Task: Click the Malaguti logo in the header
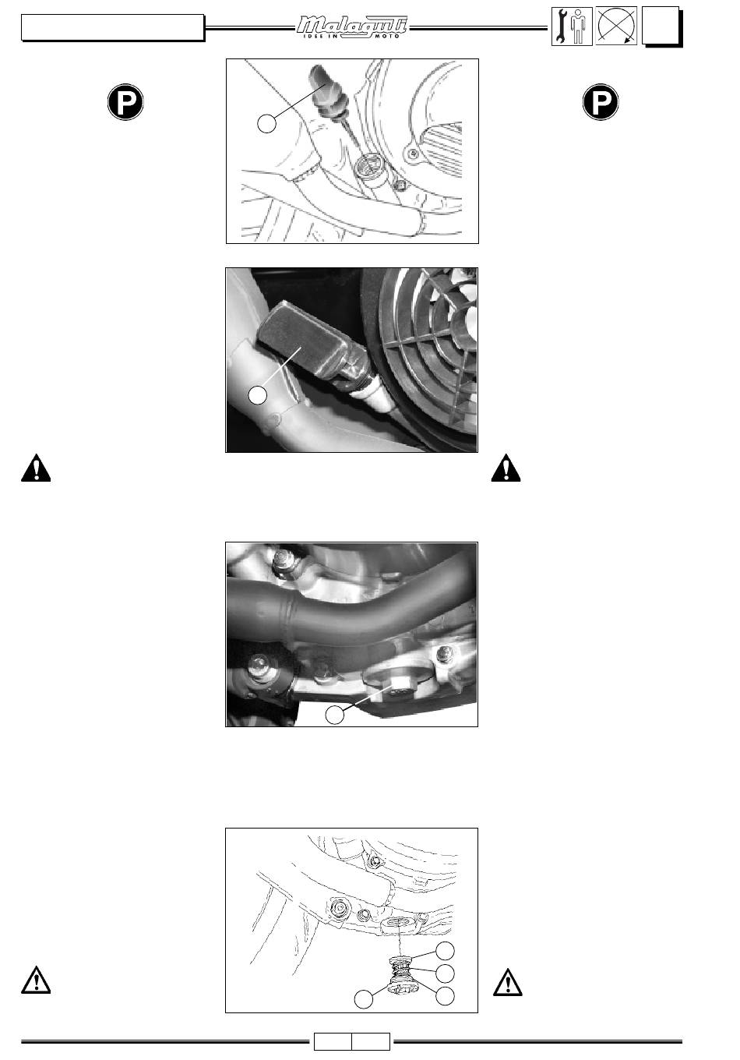point(352,27)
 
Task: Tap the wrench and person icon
point(572,26)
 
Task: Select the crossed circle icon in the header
point(616,26)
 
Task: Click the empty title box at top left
point(112,27)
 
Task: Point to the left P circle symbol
point(125,102)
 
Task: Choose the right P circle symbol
point(601,102)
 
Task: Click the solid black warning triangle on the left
point(36,468)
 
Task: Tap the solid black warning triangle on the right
point(506,468)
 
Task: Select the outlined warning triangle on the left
point(36,980)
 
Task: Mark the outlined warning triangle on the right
point(508,982)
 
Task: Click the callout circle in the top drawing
point(266,123)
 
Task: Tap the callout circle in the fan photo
point(258,395)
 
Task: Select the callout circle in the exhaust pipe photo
point(335,715)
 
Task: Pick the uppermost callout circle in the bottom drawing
point(445,951)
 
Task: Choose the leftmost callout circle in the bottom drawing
point(364,999)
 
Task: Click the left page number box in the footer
point(333,1041)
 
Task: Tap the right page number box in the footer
point(372,1041)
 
